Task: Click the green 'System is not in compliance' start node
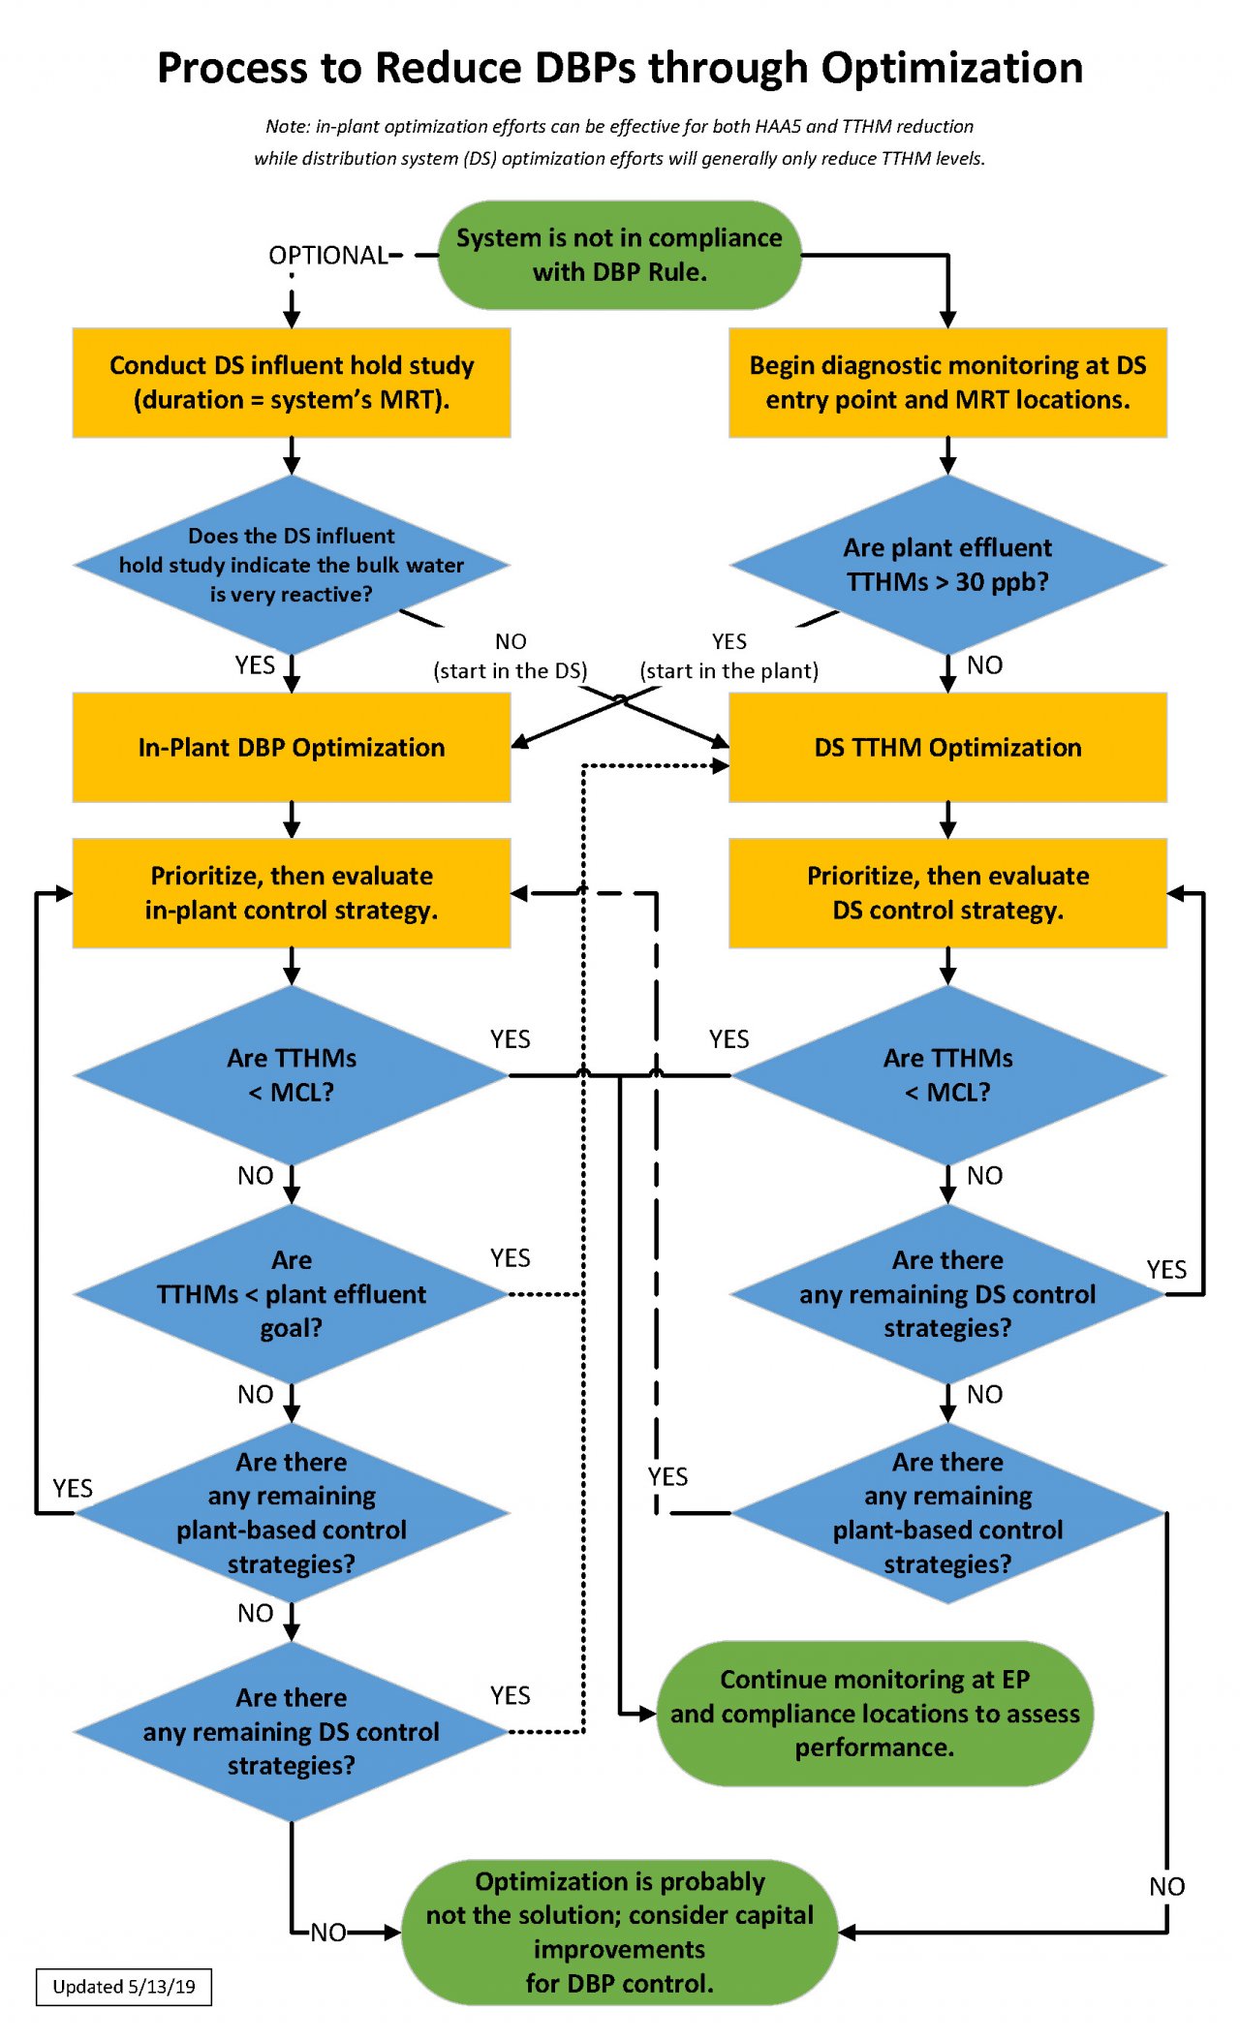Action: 619,255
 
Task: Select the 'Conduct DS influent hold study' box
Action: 291,383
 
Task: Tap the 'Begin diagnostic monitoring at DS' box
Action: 946,383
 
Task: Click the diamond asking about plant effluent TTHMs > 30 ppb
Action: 946,565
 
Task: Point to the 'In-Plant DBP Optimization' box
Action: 291,747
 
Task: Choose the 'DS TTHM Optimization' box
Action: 946,747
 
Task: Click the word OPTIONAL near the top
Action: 327,255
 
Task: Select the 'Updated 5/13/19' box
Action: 123,1987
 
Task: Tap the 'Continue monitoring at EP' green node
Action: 874,1713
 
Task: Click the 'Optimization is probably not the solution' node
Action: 619,1932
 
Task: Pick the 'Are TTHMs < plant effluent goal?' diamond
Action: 291,1294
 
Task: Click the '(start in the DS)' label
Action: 510,670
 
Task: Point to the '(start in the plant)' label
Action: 728,670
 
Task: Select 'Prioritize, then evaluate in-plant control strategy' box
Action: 291,892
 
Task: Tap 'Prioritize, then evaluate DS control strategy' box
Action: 946,892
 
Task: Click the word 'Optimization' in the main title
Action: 951,68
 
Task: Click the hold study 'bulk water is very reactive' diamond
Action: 291,565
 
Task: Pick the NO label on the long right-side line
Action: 1166,1886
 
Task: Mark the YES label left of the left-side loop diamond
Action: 73,1488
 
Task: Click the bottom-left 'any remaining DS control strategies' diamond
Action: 291,1731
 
